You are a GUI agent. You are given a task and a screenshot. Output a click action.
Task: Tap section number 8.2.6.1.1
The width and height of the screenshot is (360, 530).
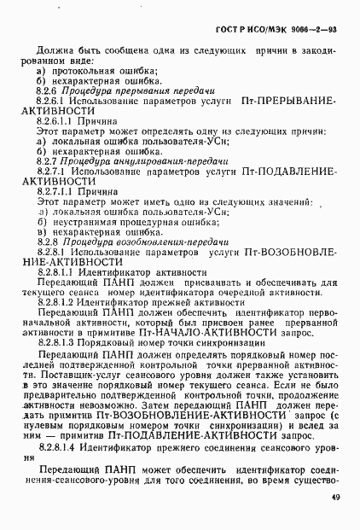(x=56, y=123)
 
